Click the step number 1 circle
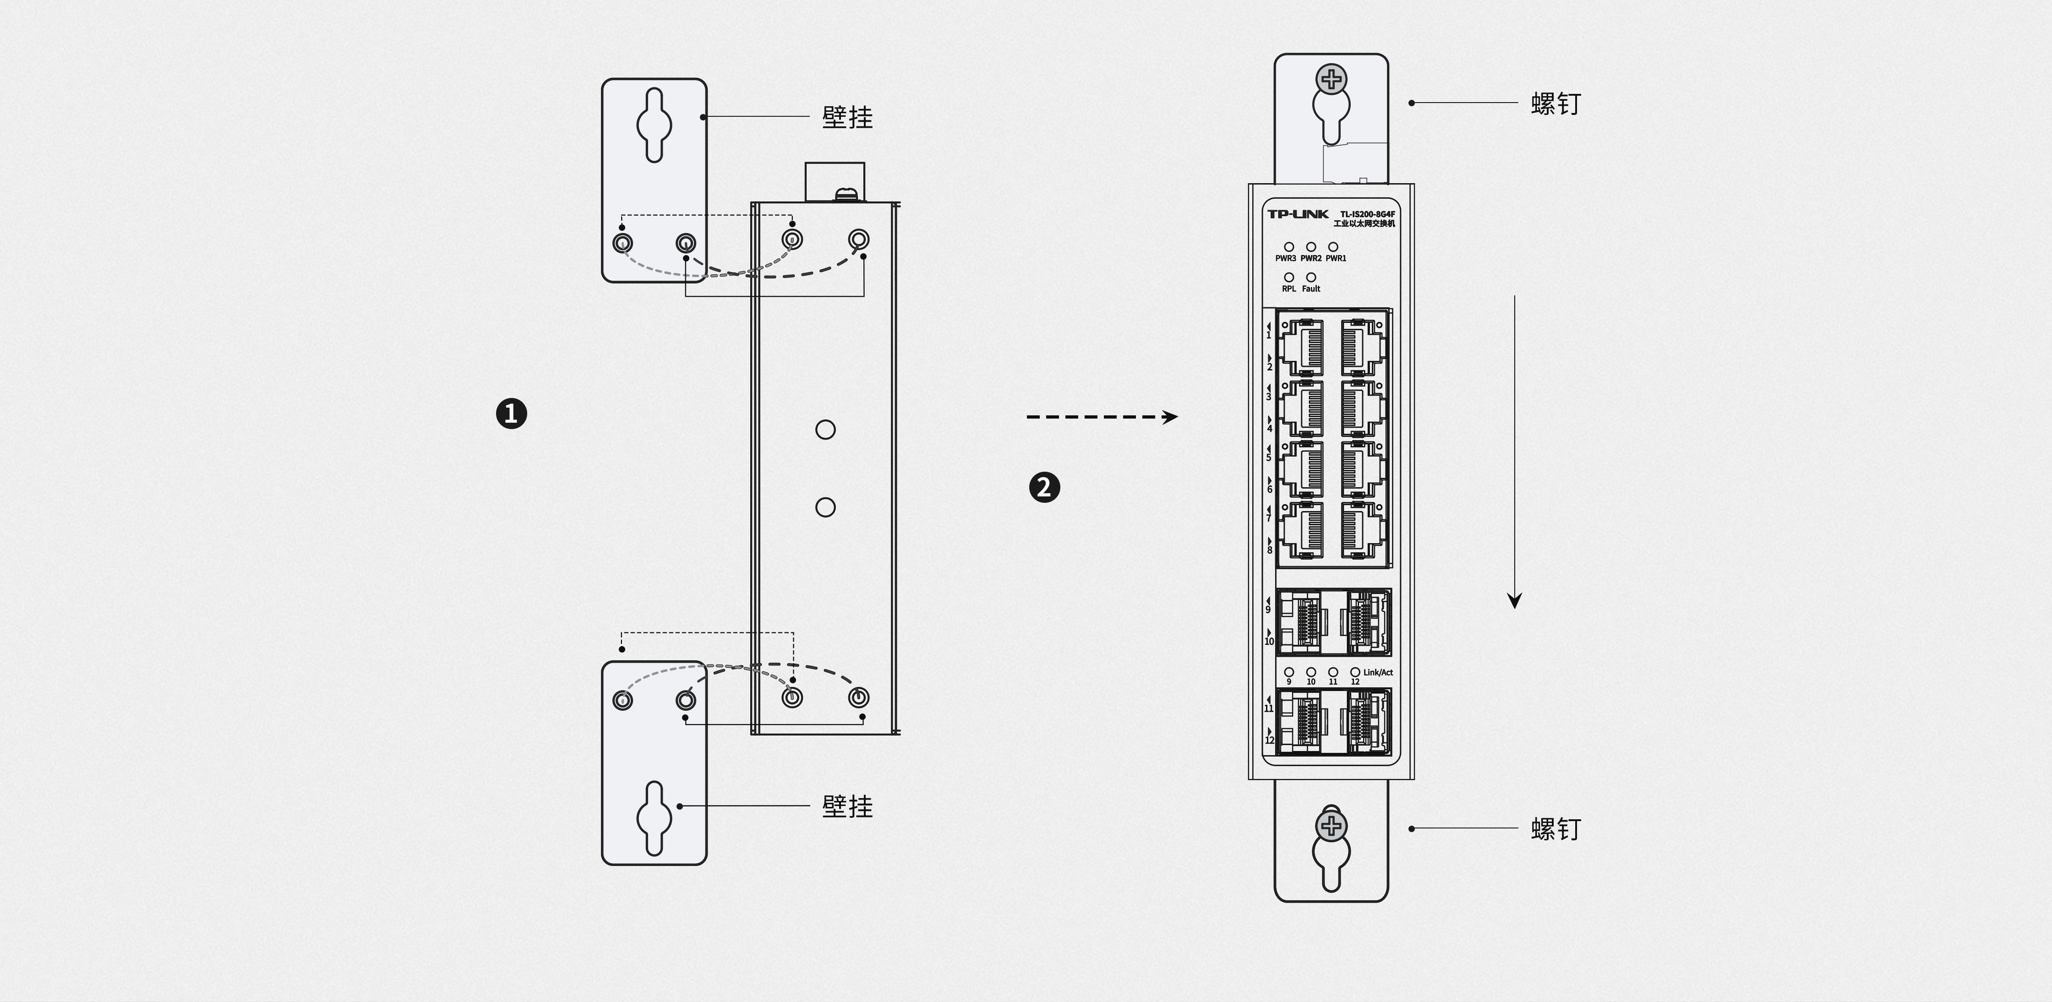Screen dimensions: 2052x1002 pos(512,414)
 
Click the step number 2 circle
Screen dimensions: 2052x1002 pos(1044,487)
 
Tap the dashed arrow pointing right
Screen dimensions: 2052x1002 pos(1102,417)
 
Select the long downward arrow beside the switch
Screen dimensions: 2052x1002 pos(1514,452)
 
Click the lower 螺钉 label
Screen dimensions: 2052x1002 pos(1556,829)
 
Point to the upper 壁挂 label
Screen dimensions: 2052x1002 pos(847,117)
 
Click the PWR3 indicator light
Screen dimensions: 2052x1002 pos(1289,247)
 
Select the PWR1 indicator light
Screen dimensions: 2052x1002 pos(1333,247)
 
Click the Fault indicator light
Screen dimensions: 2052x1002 pos(1311,277)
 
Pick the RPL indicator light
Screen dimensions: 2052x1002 pos(1289,277)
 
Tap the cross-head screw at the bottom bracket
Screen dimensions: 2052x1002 pos(1331,826)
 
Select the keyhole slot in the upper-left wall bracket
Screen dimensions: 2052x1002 pos(654,125)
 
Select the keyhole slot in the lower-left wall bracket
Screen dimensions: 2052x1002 pos(654,818)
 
